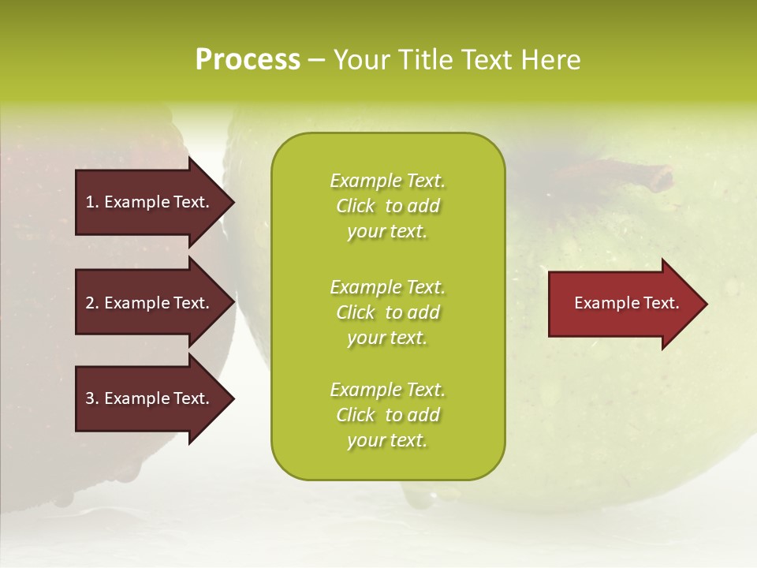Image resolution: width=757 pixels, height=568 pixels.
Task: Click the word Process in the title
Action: click(248, 60)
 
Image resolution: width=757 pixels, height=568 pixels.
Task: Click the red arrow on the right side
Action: click(623, 304)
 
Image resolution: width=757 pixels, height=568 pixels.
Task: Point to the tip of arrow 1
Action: click(233, 202)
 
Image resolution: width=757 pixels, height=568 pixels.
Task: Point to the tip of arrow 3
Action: click(233, 399)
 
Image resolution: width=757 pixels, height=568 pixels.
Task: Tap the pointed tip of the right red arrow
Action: click(706, 304)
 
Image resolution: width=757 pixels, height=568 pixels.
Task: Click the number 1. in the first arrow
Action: click(92, 202)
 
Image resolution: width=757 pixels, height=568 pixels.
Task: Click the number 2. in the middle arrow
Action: click(92, 303)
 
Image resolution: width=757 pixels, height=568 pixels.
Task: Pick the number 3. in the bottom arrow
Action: click(92, 398)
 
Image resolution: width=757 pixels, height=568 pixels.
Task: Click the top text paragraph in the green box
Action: click(387, 206)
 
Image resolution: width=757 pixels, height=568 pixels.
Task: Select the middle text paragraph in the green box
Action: click(387, 312)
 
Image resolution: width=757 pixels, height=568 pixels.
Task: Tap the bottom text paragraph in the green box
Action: click(387, 415)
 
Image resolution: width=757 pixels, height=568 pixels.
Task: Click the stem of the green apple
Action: click(639, 174)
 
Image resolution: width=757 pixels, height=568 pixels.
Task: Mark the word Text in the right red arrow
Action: click(661, 303)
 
